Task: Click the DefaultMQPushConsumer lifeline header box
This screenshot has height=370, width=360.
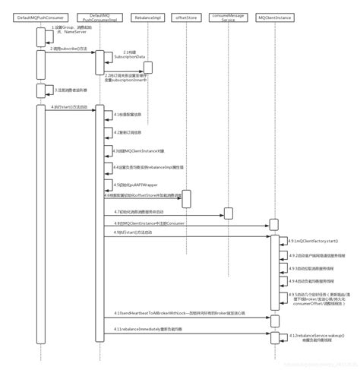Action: [x=39, y=17]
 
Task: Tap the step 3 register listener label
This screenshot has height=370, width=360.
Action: [x=68, y=90]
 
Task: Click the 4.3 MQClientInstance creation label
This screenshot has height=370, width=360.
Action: [x=134, y=151]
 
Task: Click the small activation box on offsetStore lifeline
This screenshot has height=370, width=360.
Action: [x=186, y=200]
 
